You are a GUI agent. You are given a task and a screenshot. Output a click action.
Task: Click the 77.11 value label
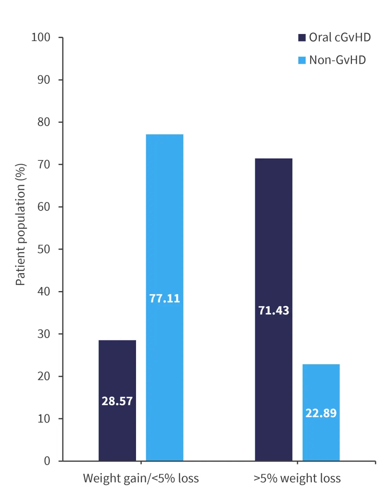tap(165, 299)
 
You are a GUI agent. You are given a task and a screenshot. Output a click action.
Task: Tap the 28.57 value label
tap(117, 401)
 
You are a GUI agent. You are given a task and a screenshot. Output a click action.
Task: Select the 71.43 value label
tap(274, 311)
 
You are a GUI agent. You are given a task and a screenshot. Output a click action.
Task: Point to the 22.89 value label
tap(321, 413)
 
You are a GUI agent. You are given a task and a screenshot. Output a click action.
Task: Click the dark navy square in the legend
tap(302, 38)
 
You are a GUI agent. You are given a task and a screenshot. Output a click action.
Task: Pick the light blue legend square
tap(302, 60)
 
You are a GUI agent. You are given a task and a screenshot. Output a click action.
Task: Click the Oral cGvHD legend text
tap(340, 38)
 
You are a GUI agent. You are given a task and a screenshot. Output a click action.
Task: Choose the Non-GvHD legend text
tap(338, 60)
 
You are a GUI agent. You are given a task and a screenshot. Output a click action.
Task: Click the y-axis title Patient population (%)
tap(20, 224)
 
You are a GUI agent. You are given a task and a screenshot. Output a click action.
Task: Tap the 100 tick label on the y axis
tap(41, 38)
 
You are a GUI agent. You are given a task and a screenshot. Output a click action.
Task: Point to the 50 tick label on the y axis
tap(44, 249)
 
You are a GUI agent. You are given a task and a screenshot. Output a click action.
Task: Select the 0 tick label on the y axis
tap(47, 461)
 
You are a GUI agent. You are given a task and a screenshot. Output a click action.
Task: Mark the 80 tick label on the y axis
tap(44, 122)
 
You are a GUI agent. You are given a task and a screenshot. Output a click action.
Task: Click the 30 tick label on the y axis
tap(44, 334)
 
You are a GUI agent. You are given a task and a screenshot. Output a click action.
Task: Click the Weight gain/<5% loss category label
tap(141, 478)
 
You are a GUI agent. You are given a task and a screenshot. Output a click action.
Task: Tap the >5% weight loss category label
tap(297, 478)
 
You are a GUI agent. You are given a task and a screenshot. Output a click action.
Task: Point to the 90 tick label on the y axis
tap(44, 80)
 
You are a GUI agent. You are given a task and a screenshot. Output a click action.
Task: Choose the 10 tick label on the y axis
tap(44, 419)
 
